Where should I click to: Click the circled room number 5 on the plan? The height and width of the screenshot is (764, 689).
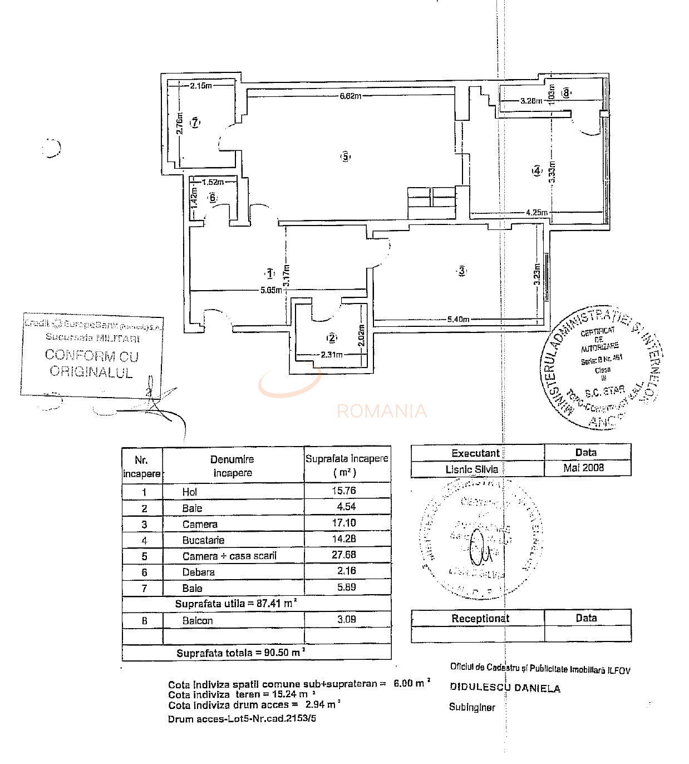(x=346, y=156)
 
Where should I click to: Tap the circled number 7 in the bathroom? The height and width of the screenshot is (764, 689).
(x=195, y=123)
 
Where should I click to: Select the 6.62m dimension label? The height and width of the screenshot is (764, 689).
(x=351, y=96)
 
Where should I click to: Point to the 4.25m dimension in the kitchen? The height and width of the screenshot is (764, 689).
(x=537, y=212)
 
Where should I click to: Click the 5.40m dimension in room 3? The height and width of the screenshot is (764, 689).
(x=458, y=319)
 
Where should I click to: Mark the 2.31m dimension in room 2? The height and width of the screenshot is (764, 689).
(x=331, y=354)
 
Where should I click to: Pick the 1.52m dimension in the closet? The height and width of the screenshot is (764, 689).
(x=213, y=182)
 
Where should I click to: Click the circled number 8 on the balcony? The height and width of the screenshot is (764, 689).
(x=566, y=92)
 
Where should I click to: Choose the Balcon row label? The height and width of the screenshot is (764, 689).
(x=197, y=620)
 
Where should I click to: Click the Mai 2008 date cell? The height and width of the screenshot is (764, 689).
(x=583, y=467)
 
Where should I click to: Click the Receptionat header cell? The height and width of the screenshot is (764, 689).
(x=480, y=618)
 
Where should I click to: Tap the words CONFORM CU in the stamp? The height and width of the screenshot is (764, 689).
(x=91, y=355)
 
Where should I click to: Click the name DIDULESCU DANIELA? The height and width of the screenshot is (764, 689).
(x=505, y=688)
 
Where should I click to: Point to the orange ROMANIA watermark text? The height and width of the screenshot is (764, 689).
(x=382, y=411)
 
